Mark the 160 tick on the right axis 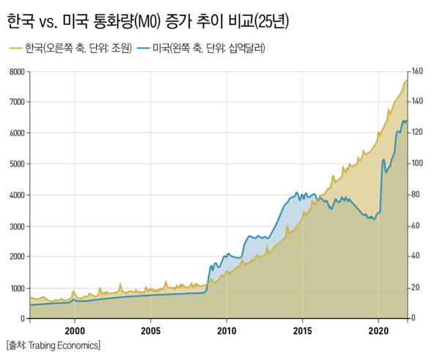(418, 72)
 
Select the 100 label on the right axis (418, 164)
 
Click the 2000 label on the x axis (75, 331)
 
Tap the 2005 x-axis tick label (150, 331)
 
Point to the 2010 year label (227, 331)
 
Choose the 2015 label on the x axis (303, 331)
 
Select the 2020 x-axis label (378, 331)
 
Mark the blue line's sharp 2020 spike (384, 160)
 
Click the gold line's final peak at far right (407, 79)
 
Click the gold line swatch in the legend (15, 49)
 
